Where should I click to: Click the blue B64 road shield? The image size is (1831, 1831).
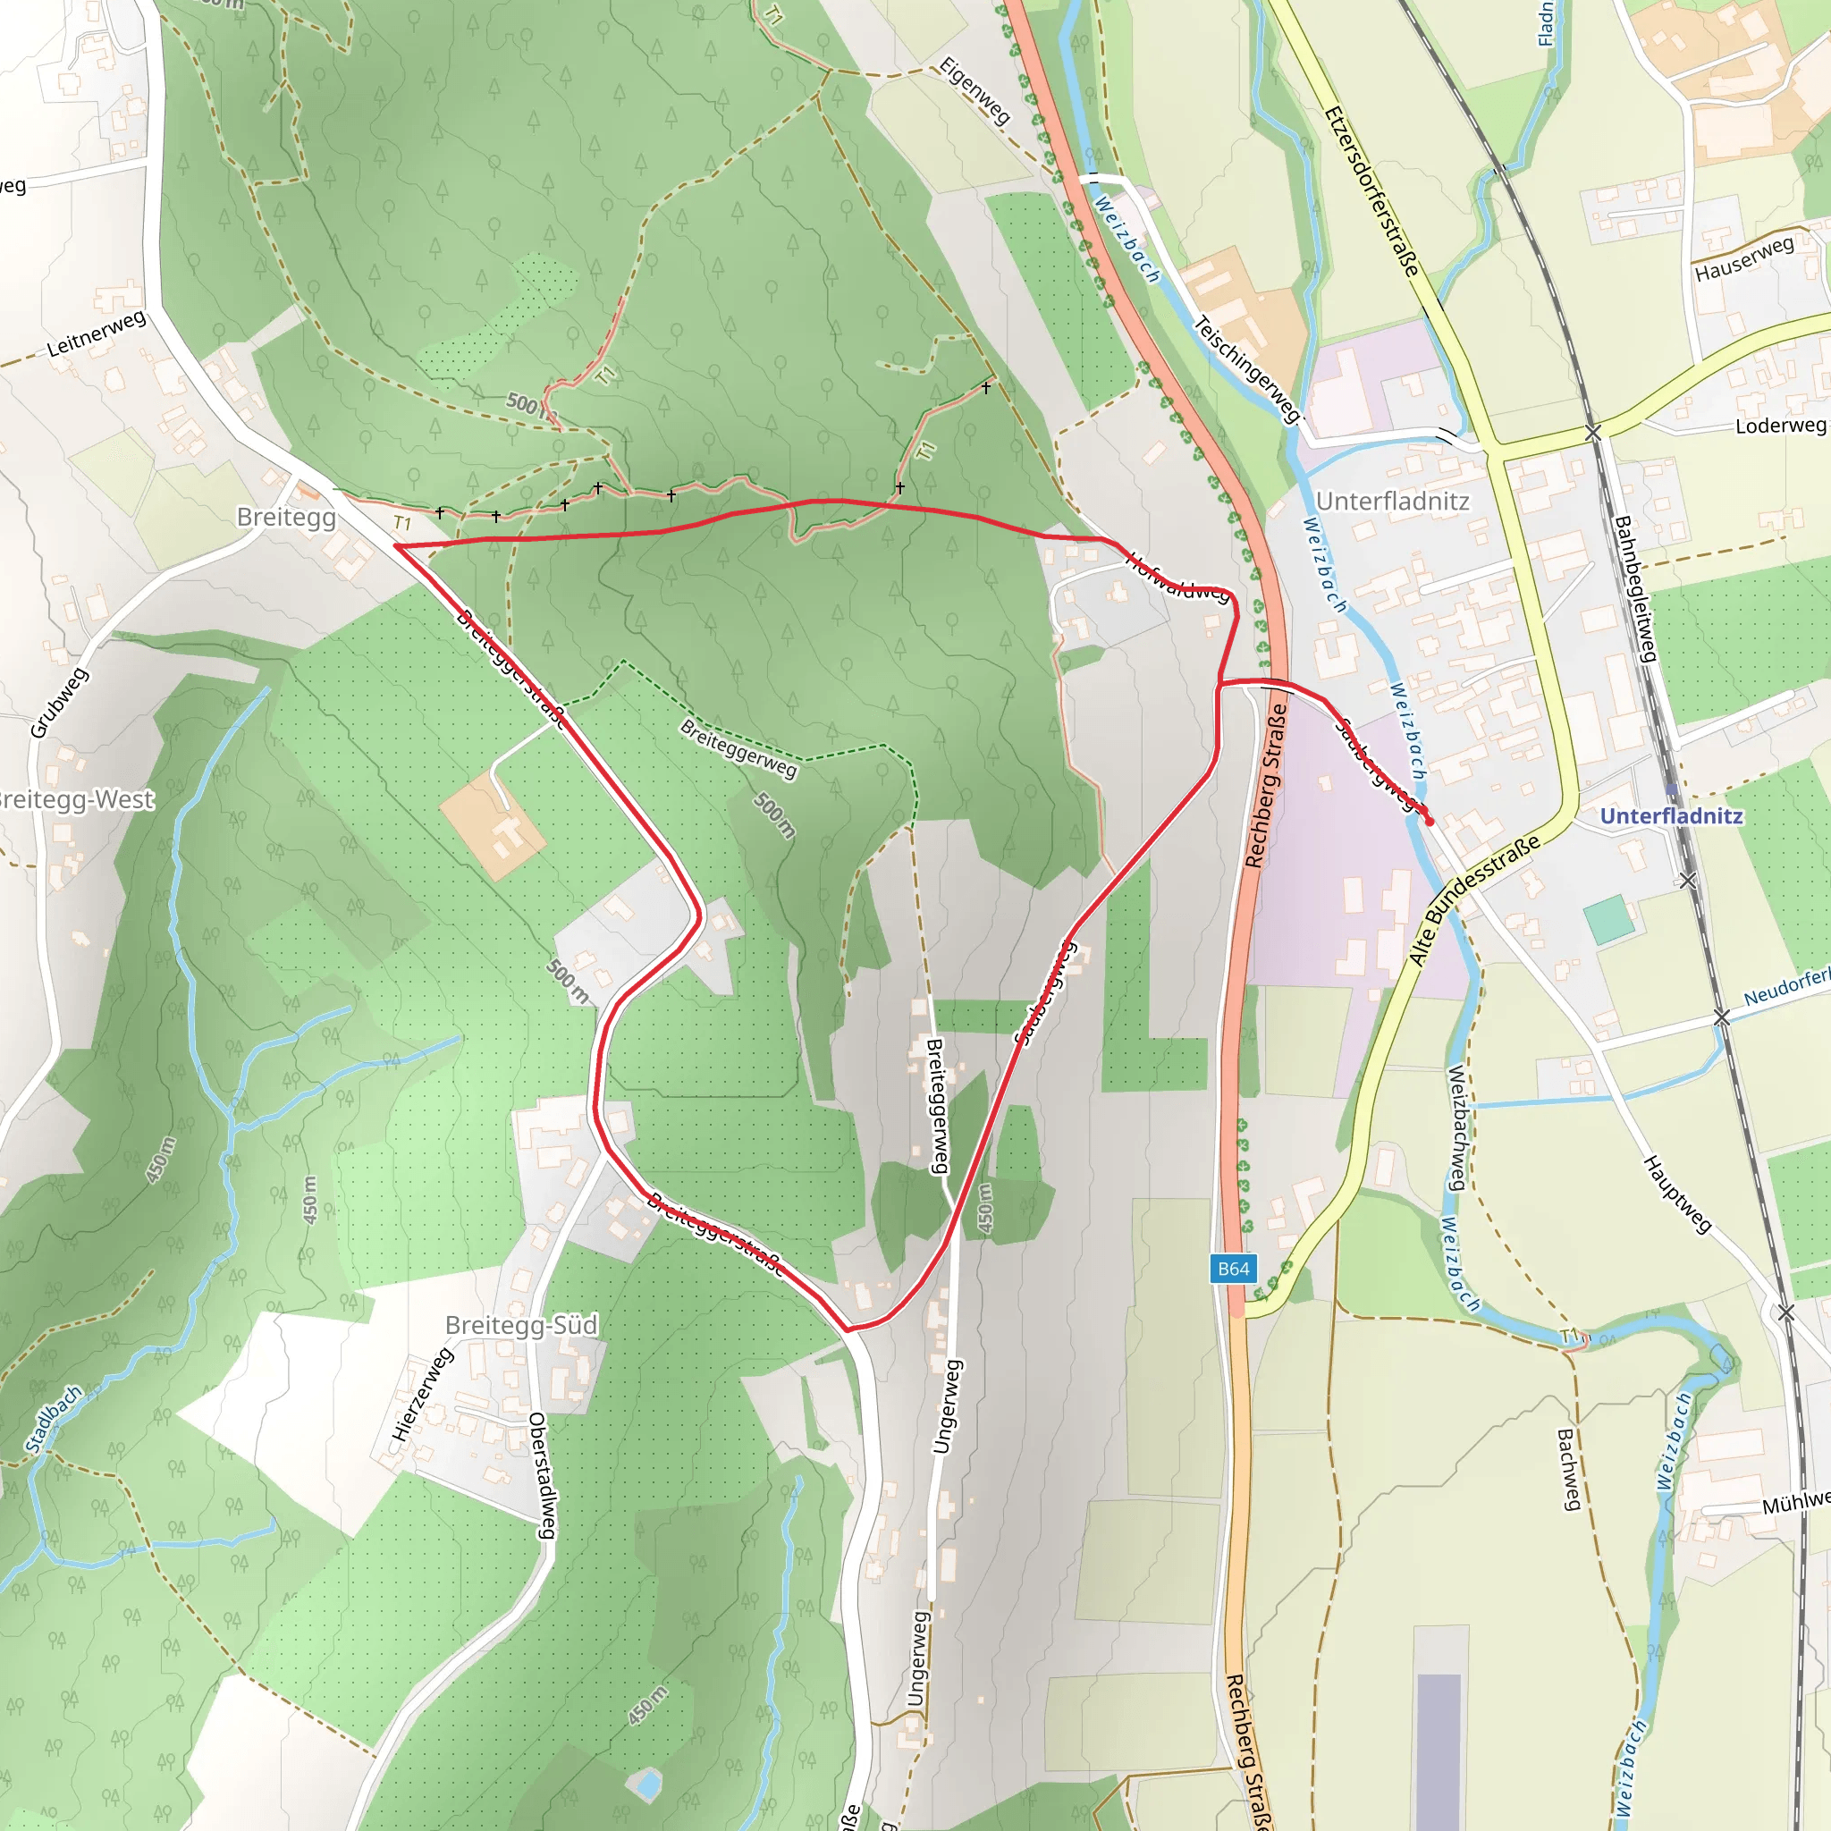click(1233, 1269)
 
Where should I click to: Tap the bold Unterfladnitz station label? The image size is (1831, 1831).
click(1671, 816)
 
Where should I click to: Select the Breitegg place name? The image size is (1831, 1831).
click(286, 517)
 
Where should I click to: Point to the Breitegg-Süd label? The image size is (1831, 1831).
click(521, 1325)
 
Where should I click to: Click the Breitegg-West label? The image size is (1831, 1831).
click(76, 799)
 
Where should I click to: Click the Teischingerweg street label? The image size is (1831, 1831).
click(1246, 368)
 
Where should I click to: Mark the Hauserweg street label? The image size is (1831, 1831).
click(1743, 258)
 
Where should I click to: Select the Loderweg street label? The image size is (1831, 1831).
click(1780, 426)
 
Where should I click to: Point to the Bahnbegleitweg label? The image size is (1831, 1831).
click(1635, 588)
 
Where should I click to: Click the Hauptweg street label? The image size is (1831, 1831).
click(1676, 1194)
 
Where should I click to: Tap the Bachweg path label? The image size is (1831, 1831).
click(1569, 1469)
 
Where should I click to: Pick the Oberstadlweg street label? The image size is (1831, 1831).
click(541, 1474)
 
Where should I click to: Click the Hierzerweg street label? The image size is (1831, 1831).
click(422, 1394)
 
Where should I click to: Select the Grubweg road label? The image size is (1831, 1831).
click(59, 702)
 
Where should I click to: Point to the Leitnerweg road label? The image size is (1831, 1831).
click(97, 333)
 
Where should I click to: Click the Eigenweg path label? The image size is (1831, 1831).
click(975, 90)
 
